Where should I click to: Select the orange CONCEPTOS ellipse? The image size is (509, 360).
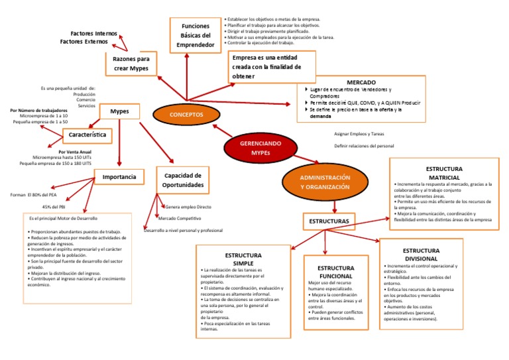tap(186, 115)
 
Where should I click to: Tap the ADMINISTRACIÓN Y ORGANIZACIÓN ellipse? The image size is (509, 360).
tap(325, 183)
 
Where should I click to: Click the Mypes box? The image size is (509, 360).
tap(119, 111)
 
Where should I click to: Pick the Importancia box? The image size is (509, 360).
tap(119, 176)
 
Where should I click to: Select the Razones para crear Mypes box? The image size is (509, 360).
tap(131, 64)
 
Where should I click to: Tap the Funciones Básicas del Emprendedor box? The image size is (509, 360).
tap(196, 36)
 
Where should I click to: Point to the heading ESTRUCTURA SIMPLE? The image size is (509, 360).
tap(243, 259)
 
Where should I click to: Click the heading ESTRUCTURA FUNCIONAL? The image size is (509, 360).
tap(336, 272)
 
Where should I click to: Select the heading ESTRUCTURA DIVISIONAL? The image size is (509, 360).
tap(420, 254)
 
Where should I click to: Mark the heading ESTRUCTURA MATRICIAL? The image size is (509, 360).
tap(443, 174)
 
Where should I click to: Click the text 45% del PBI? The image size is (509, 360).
tap(53, 207)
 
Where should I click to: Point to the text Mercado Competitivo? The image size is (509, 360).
tap(180, 218)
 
